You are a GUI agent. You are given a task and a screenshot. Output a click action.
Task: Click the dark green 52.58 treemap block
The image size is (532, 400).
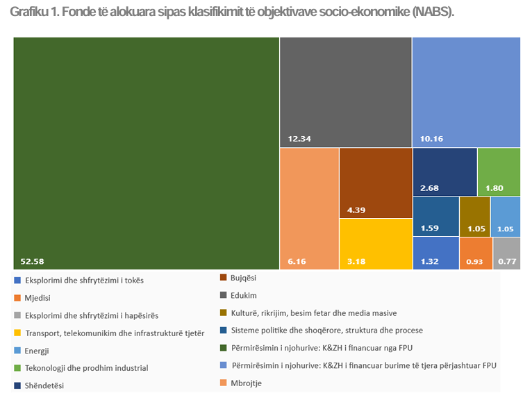pyautogui.click(x=146, y=153)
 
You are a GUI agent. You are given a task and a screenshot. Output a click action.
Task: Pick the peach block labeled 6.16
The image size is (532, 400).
pyautogui.click(x=308, y=208)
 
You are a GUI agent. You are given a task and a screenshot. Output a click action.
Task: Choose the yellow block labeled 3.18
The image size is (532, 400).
pyautogui.click(x=375, y=243)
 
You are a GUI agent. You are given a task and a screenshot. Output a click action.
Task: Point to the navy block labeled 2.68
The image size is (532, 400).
pyautogui.click(x=444, y=172)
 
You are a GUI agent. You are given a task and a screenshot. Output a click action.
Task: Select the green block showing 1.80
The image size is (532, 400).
pyautogui.click(x=499, y=172)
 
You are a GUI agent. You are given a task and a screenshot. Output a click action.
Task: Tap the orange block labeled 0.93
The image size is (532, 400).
pyautogui.click(x=475, y=253)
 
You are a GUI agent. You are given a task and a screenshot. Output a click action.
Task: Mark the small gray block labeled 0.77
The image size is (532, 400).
pyautogui.click(x=506, y=253)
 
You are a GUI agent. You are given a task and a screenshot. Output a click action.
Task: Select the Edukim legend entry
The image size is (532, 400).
pyautogui.click(x=244, y=295)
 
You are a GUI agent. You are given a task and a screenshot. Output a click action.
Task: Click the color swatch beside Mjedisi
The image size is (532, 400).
pyautogui.click(x=16, y=298)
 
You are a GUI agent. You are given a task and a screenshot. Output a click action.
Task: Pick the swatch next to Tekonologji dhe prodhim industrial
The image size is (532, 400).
pyautogui.click(x=16, y=368)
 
